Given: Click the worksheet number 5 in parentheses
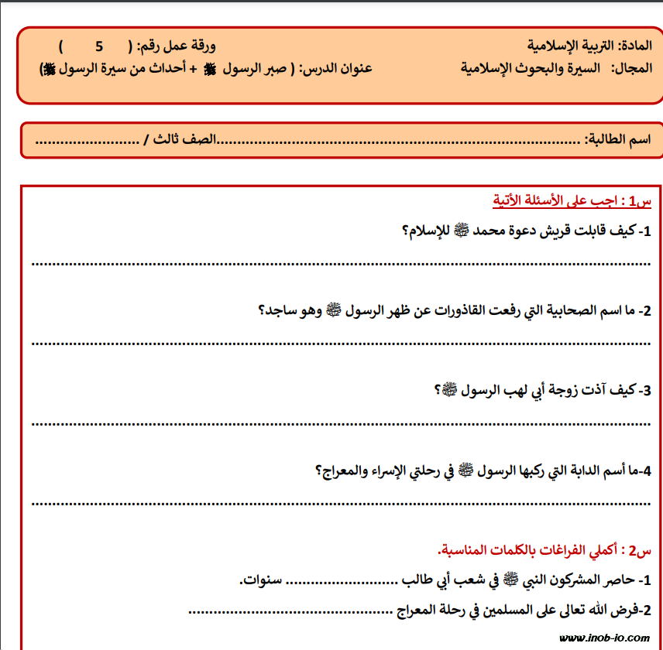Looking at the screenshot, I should click(x=98, y=45).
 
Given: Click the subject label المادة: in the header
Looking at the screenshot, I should click(x=634, y=44).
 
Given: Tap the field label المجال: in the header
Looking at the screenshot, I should click(x=633, y=67).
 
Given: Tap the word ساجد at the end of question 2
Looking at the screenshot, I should click(x=276, y=311).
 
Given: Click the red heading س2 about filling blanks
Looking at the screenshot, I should click(x=548, y=550).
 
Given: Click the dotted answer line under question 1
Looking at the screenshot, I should click(x=341, y=263).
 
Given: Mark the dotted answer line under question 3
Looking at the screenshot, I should click(x=341, y=422).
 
